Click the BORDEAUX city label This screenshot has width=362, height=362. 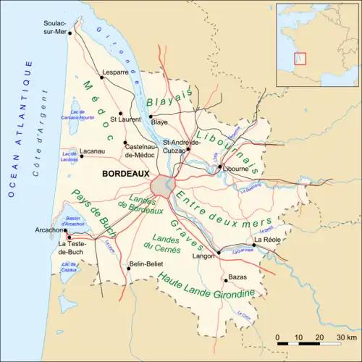coord(126,174)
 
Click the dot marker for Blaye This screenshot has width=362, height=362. coord(150,116)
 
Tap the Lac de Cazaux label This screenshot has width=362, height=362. coord(70,267)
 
